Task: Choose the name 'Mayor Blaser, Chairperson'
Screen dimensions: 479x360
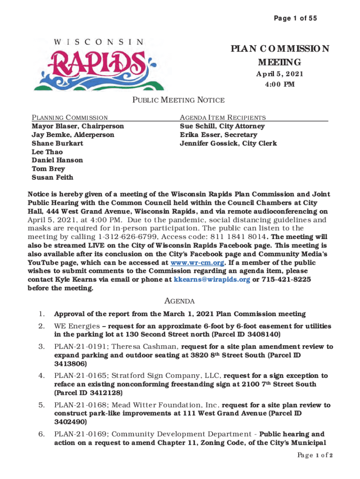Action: click(x=78, y=126)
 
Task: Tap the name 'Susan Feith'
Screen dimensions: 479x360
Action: click(x=52, y=177)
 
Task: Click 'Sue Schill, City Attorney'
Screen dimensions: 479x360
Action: click(x=222, y=126)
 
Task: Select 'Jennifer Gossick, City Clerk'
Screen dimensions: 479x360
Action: click(x=228, y=143)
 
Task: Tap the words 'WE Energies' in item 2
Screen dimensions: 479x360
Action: click(x=77, y=326)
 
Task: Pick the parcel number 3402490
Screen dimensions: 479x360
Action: click(x=71, y=421)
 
